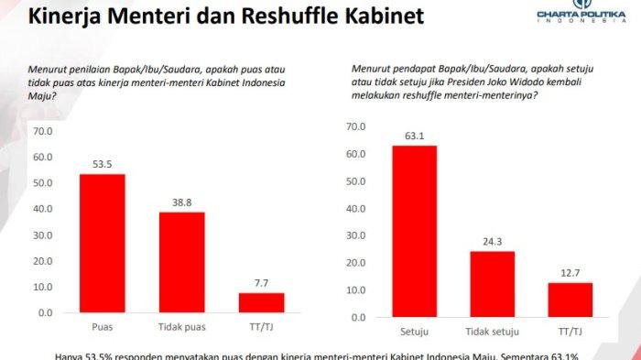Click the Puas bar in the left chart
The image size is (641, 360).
click(x=102, y=243)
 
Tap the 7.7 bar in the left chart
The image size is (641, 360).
click(x=261, y=302)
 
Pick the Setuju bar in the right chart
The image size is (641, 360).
click(x=414, y=231)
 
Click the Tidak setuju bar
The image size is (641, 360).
click(x=493, y=284)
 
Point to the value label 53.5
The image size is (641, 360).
click(x=102, y=165)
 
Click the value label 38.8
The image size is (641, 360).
click(x=181, y=203)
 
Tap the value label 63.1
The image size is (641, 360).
click(x=414, y=136)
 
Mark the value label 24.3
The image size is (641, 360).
click(x=493, y=243)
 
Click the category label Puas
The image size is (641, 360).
click(x=102, y=327)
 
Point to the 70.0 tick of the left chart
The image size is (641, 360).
click(x=43, y=131)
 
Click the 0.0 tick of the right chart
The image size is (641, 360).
click(x=360, y=317)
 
